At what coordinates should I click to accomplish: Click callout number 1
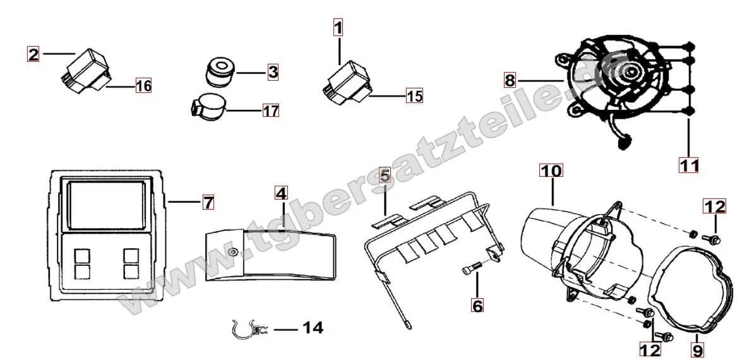point(338,28)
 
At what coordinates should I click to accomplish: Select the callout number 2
point(33,54)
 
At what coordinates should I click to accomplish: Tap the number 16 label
point(143,85)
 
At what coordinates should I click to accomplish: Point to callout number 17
point(271,111)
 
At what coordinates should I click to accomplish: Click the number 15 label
point(414,96)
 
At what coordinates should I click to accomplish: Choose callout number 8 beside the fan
point(510,80)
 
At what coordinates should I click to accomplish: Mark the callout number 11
point(689,165)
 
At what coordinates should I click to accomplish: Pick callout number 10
point(551,171)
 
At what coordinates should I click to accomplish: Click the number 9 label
point(698,351)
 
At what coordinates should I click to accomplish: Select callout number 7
point(208,202)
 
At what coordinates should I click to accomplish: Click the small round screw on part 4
point(234,253)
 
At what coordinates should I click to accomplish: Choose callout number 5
point(385,175)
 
